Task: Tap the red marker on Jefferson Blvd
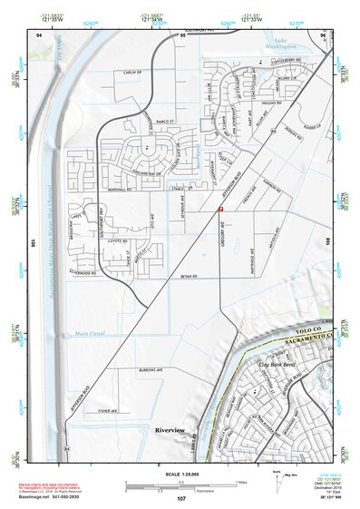(220, 209)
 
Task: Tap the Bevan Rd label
(188, 277)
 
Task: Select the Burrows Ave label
(150, 371)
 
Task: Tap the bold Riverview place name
(170, 428)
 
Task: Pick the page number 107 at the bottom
(181, 499)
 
